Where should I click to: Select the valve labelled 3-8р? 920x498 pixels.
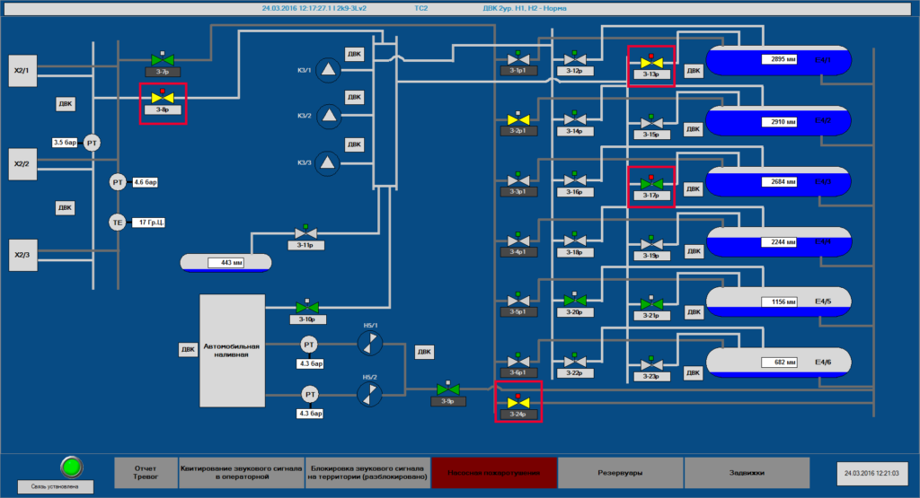163,99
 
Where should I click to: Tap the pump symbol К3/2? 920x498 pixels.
330,115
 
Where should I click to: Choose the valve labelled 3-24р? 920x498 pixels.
517,402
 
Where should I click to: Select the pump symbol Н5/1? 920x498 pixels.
369,342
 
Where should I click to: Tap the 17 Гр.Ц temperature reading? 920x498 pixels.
149,222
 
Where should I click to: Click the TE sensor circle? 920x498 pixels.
118,223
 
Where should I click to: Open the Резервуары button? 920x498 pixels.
620,472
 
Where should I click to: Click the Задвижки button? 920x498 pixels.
747,472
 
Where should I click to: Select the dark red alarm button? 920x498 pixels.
493,472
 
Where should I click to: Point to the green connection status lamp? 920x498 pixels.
71,467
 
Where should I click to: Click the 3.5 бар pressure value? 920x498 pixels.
66,143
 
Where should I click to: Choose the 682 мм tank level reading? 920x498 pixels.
778,363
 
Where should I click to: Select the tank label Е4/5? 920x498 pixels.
822,302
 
